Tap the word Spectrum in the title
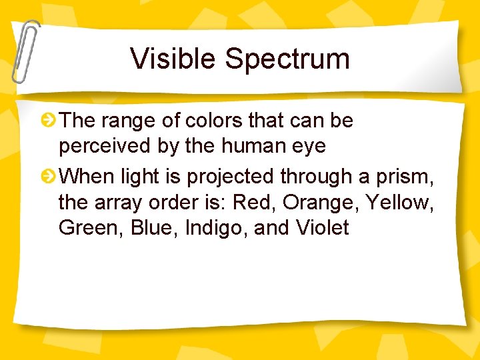click(287, 59)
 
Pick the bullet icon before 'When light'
click(48, 177)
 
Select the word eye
click(309, 147)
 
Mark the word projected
click(231, 177)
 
